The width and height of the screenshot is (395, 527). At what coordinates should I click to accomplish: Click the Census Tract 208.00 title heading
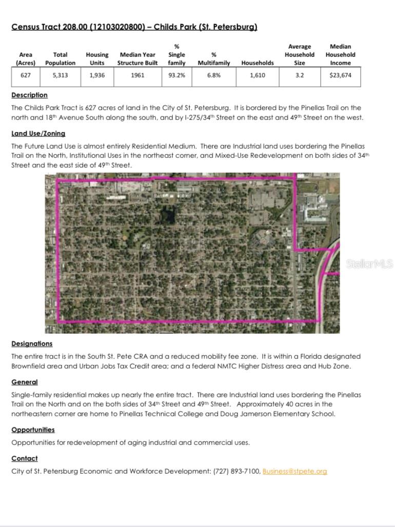[134, 27]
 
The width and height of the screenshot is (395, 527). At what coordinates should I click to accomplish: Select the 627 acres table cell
[26, 75]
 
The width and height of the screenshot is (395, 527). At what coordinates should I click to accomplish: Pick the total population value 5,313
[60, 75]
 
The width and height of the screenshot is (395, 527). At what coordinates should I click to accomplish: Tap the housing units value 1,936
[97, 75]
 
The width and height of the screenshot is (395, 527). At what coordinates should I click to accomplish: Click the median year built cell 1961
[137, 75]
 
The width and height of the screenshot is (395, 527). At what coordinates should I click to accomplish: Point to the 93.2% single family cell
[177, 75]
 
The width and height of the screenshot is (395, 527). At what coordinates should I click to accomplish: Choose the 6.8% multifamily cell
[214, 75]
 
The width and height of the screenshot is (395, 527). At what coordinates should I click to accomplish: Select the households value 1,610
[258, 75]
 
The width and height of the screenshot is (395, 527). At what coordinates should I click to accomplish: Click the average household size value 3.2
[300, 75]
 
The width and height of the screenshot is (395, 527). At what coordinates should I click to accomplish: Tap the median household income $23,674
[341, 75]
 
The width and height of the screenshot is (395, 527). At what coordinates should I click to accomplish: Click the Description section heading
[29, 95]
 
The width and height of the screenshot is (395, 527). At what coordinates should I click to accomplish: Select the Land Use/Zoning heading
[38, 134]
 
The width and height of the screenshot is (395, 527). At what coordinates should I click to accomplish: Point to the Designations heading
[32, 343]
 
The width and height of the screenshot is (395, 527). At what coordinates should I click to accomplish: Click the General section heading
[25, 382]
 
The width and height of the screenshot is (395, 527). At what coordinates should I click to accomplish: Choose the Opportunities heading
[33, 430]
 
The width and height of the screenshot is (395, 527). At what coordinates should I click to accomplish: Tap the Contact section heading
[25, 458]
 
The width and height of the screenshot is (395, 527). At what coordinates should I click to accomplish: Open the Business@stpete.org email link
[294, 471]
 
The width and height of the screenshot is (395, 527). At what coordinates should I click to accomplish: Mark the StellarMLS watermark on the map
[369, 264]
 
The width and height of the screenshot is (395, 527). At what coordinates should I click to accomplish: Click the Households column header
[258, 63]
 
